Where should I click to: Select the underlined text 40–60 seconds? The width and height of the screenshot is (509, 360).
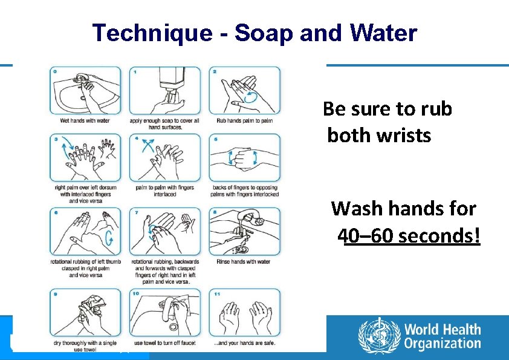[x=409, y=235]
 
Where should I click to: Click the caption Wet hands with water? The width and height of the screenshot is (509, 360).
[x=85, y=120]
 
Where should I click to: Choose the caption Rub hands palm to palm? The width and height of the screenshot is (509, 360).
[x=244, y=120]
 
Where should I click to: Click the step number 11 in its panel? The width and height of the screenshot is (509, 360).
[x=217, y=294]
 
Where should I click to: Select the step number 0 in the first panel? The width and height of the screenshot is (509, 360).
[x=56, y=71]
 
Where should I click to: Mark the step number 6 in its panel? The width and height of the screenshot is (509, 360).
[x=56, y=213]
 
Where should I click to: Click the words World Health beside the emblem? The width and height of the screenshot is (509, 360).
[x=443, y=330]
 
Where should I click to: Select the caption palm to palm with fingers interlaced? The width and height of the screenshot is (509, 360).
[x=164, y=191]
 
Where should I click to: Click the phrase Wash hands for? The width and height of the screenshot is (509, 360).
[x=403, y=209]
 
